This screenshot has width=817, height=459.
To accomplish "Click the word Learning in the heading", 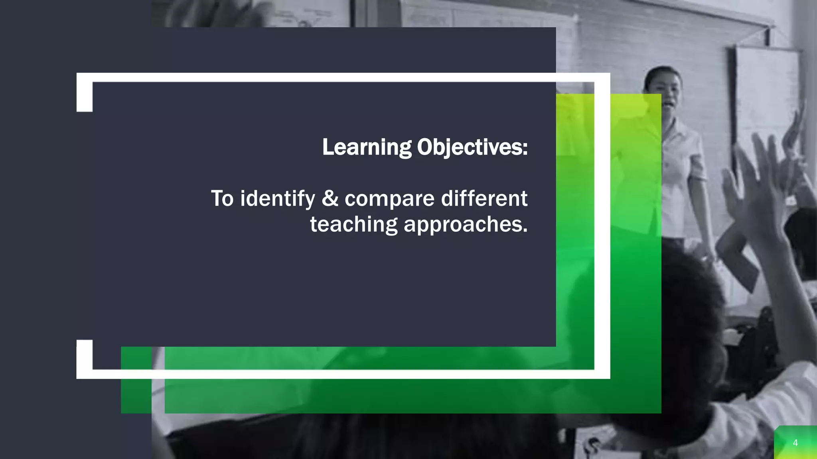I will tap(367, 147).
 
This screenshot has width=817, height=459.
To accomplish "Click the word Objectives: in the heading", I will tap(472, 147).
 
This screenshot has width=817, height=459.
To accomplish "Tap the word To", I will tap(222, 198).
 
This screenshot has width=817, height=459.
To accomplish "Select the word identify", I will tap(278, 198).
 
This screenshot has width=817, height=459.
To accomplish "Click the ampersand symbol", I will tap(330, 198).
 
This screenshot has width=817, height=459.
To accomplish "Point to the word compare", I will tap(389, 199).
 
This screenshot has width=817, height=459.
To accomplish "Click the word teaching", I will tap(353, 224).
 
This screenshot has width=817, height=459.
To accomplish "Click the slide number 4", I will tap(795, 443).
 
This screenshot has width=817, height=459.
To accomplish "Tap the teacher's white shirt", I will tap(681, 175).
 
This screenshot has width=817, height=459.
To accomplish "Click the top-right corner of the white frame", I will tap(602, 78).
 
